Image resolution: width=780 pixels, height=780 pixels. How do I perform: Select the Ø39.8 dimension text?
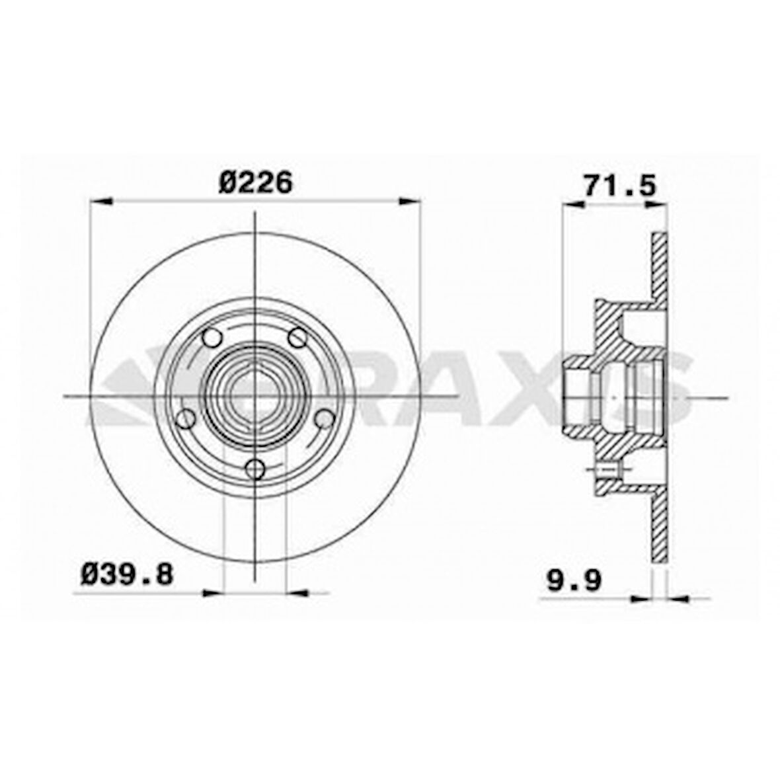[127, 574]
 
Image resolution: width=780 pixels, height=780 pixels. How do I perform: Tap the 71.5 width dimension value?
[619, 186]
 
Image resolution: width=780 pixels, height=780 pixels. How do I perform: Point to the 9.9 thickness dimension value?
[573, 582]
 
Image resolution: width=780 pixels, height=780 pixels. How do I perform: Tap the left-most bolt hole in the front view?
[187, 418]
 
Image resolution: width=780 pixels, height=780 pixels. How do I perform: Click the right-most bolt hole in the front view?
[323, 418]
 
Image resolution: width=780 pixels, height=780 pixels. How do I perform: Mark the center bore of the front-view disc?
[254, 397]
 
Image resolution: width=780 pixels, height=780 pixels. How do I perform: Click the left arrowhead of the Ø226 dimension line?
[98, 201]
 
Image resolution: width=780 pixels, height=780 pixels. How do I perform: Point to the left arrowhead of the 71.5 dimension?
[572, 206]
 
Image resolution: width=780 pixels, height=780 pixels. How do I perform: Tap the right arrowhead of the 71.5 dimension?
[658, 206]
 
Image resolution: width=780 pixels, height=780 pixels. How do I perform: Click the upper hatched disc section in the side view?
[659, 264]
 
